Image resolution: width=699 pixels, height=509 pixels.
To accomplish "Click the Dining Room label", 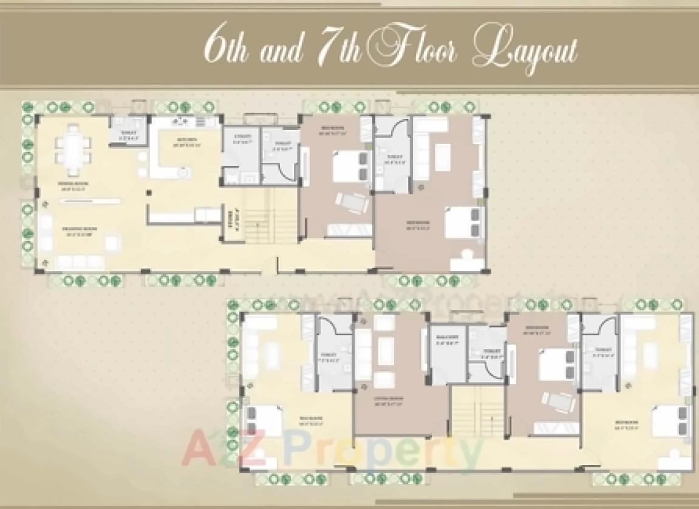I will click(70, 185).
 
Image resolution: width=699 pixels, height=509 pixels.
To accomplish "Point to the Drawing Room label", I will click(80, 230).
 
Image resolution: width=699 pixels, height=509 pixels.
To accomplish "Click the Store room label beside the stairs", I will click(230, 217).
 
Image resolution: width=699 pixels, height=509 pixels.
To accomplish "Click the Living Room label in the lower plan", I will click(390, 401).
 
